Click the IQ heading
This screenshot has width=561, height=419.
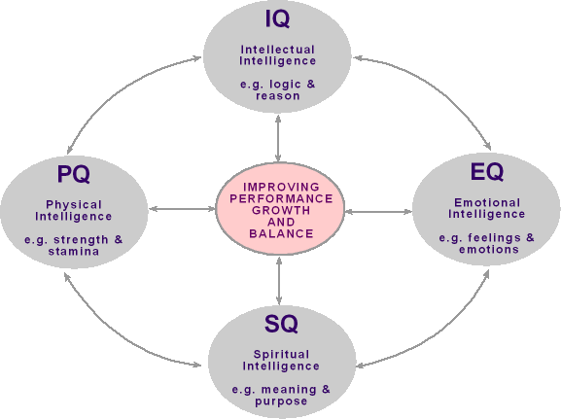(277, 19)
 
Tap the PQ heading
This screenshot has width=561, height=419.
(74, 174)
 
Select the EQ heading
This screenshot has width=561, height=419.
(487, 172)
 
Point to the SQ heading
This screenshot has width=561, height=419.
(281, 324)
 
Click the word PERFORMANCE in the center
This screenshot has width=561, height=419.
(281, 198)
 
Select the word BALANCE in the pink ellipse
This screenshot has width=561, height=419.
(281, 233)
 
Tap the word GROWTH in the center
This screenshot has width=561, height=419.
(281, 210)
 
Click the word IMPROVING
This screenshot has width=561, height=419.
(281, 187)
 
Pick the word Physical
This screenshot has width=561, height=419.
(74, 205)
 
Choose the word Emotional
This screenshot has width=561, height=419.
(487, 202)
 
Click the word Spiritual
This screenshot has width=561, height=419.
(281, 355)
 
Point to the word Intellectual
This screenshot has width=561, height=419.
(278, 50)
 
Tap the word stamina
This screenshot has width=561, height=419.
(74, 251)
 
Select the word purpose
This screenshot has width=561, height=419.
(281, 402)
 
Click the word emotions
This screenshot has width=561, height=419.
(489, 250)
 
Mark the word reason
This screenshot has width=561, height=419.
(278, 96)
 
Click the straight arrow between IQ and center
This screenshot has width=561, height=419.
(278, 138)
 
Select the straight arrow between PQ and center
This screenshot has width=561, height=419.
(182, 209)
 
